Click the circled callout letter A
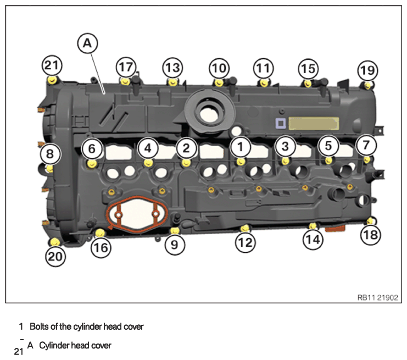(87, 43)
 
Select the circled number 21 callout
(52, 65)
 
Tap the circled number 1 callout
(241, 147)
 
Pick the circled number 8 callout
(51, 154)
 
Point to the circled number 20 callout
(55, 257)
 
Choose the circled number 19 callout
(367, 71)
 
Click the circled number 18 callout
(371, 235)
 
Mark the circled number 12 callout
(246, 242)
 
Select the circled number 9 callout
(175, 245)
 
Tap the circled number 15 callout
(308, 69)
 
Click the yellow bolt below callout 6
(92, 164)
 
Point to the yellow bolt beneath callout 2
(186, 163)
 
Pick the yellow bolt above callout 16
(99, 232)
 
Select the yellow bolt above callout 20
(55, 242)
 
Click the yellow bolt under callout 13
(172, 82)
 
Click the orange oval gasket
(137, 214)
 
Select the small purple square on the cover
(281, 124)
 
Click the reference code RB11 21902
(377, 297)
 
